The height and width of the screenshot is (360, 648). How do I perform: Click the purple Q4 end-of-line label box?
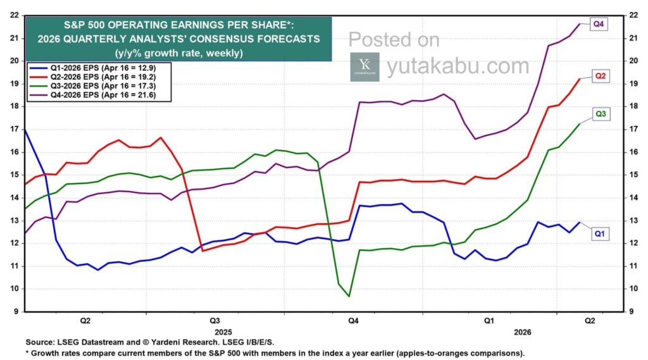(599, 24)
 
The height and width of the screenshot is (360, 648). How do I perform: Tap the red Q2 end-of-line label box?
(600, 76)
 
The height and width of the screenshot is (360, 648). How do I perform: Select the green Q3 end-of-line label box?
(600, 114)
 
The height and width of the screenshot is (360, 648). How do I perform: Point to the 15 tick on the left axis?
(13, 175)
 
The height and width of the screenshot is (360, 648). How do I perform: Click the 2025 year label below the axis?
(223, 332)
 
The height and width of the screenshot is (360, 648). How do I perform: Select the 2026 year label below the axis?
(523, 332)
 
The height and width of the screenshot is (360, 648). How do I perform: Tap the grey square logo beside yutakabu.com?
(364, 66)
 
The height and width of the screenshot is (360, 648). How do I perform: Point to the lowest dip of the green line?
(349, 295)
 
